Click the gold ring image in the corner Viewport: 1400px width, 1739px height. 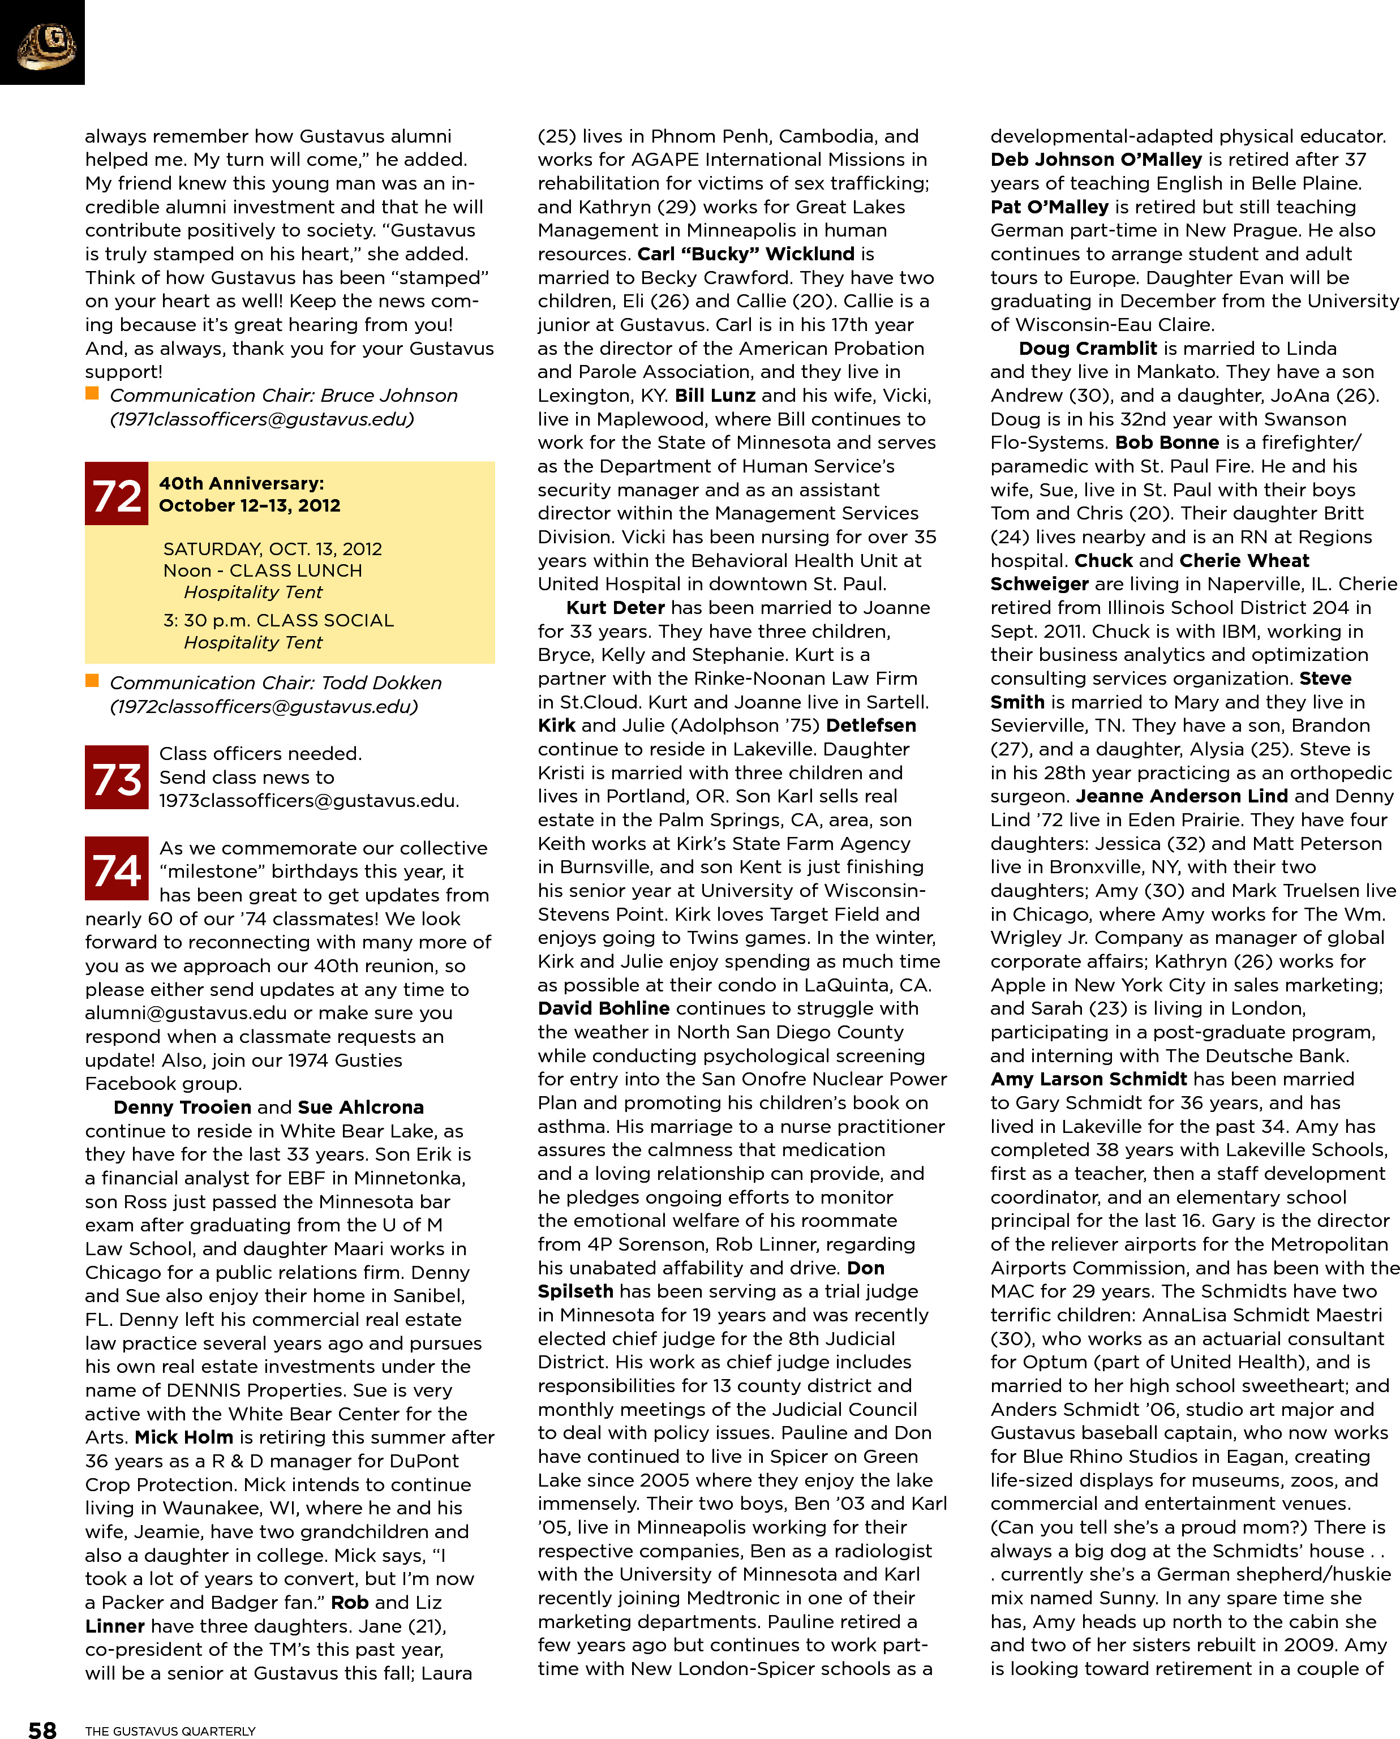46,44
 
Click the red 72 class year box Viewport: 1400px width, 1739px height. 116,493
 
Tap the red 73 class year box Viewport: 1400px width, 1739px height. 116,778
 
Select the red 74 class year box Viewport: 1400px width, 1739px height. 116,869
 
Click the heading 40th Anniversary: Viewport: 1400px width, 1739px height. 241,483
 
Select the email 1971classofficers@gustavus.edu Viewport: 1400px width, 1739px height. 262,419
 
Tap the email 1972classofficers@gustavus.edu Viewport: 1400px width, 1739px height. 264,707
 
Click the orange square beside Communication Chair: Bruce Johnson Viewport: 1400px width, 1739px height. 92,394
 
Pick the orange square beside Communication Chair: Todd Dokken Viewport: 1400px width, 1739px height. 92,681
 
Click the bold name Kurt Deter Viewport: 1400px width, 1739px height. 615,607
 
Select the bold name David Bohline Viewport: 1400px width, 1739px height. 603,1008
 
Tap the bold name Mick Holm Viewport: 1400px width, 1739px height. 184,1437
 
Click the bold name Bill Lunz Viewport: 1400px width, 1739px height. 715,395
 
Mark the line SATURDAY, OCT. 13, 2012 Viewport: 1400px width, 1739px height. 273,549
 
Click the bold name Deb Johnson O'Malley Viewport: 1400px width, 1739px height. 1096,160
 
